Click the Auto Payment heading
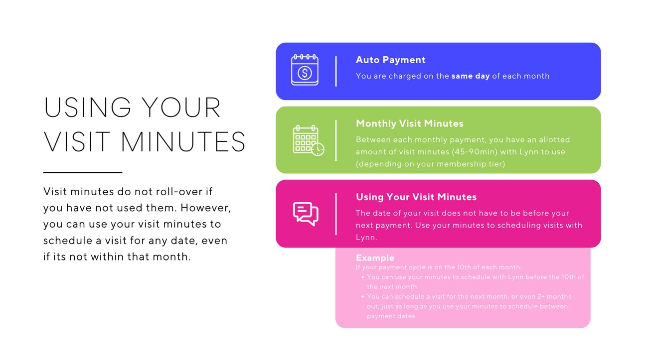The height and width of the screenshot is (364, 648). (390, 60)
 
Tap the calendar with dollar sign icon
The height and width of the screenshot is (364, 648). (305, 70)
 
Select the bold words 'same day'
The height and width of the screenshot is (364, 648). (471, 76)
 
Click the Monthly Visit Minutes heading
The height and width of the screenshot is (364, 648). (410, 123)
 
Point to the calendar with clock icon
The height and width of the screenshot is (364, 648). (308, 140)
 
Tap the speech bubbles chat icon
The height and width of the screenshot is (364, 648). (306, 214)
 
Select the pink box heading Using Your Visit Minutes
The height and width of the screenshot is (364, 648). (416, 197)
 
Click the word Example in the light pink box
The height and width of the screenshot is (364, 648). (375, 258)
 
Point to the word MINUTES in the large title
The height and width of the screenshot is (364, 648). (183, 141)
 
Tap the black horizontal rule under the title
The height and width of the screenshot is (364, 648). (83, 172)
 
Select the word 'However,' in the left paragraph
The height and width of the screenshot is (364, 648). (206, 208)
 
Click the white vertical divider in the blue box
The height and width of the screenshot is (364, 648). (336, 71)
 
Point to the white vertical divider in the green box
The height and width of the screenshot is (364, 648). (336, 140)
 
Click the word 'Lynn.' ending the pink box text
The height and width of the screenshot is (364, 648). (366, 238)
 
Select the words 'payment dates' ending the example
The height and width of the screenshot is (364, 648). (391, 316)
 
